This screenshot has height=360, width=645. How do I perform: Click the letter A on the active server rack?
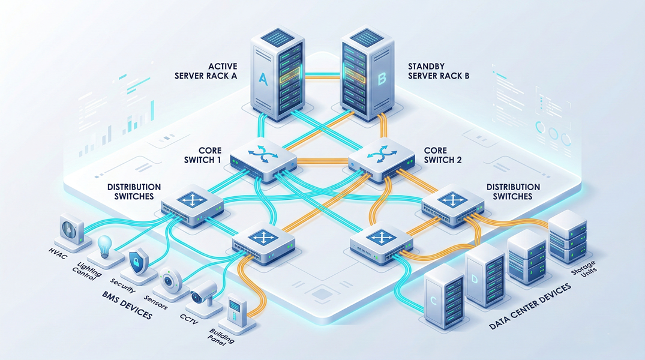coord(262,78)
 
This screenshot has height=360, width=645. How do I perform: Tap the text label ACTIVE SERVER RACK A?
coord(206,70)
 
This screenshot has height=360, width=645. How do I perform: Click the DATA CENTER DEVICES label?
coord(528,308)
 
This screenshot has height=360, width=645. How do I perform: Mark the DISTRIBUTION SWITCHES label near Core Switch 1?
coord(134,191)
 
